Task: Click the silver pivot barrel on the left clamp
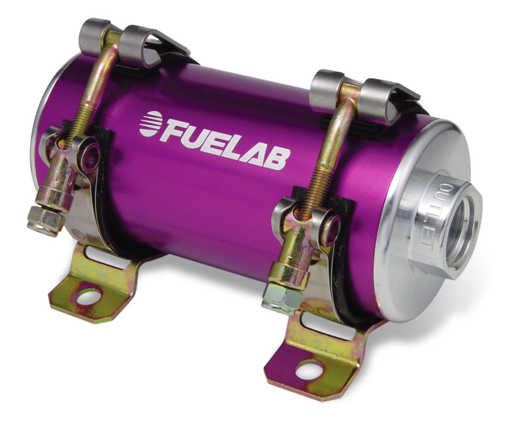click(79, 152)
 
